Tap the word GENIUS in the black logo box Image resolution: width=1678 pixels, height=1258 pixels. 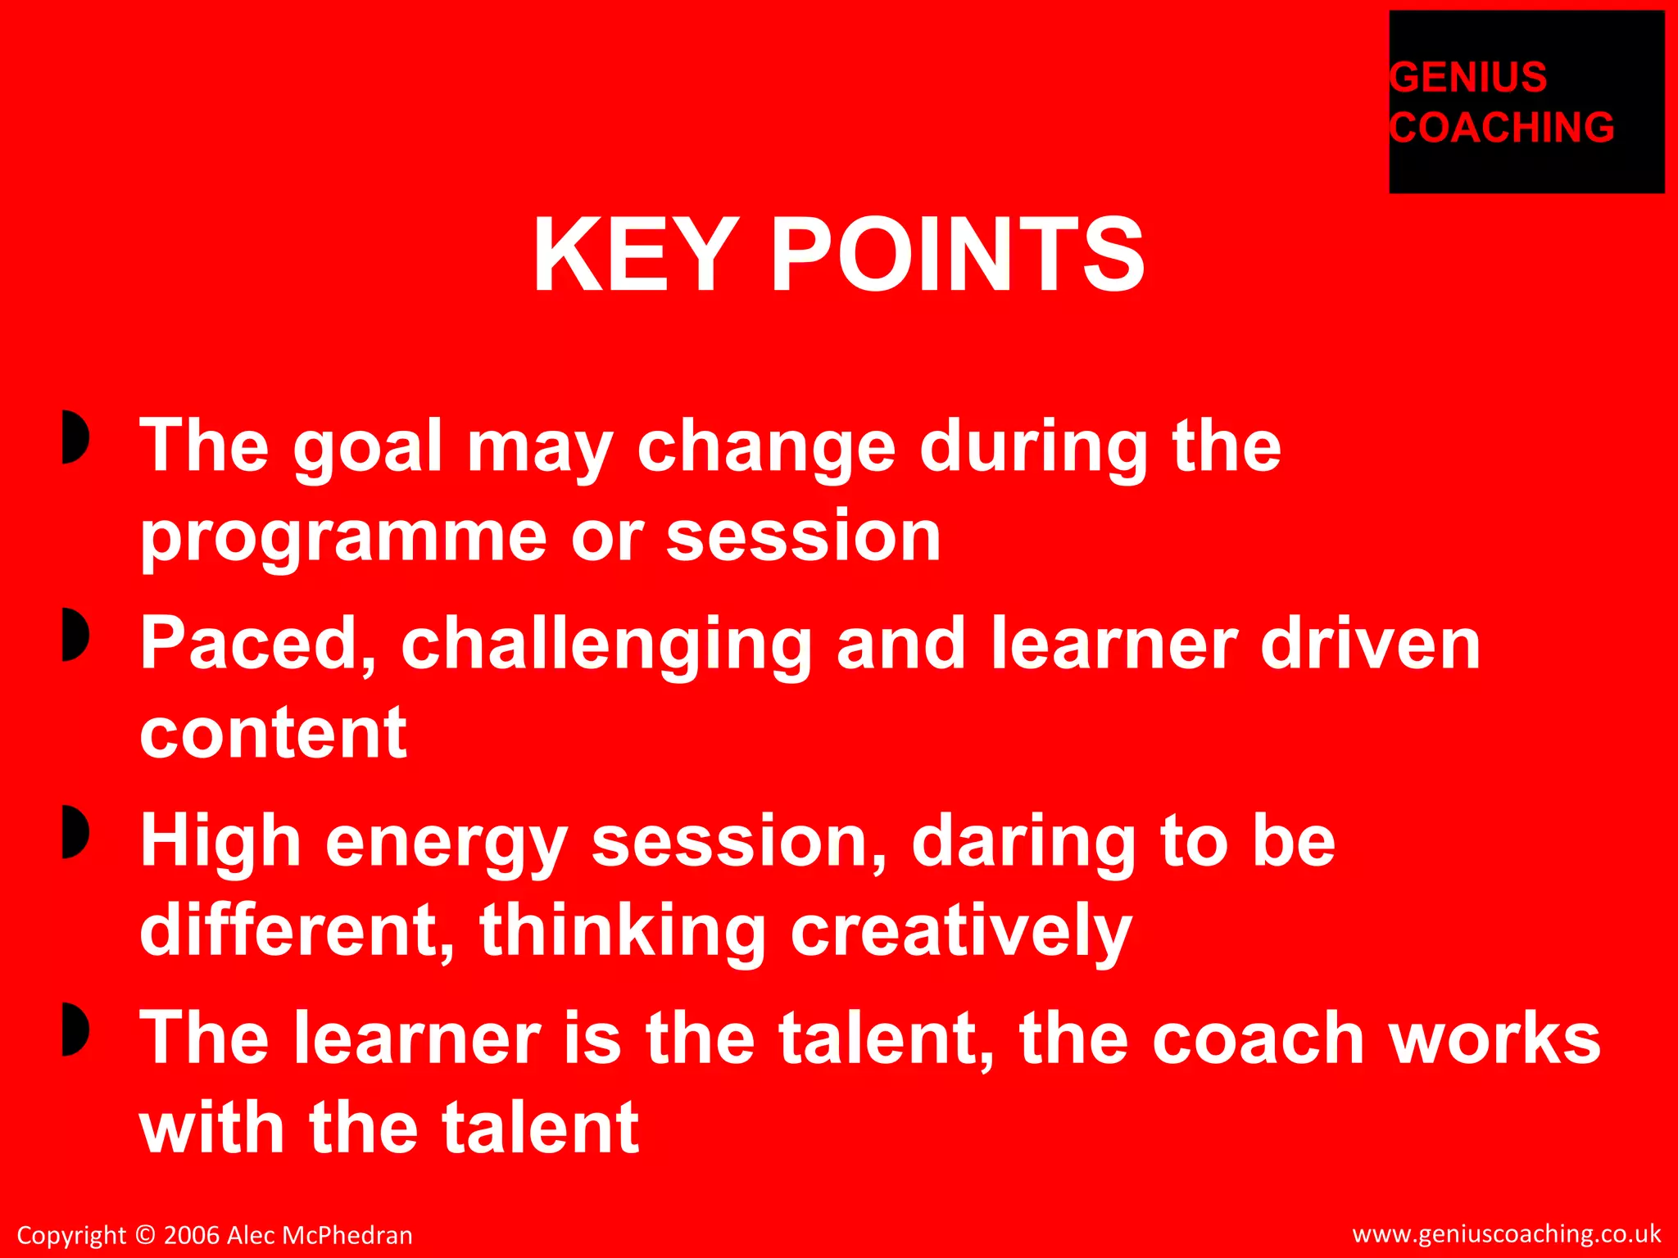pyautogui.click(x=1468, y=78)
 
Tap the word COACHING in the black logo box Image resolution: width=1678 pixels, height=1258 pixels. pyautogui.click(x=1502, y=128)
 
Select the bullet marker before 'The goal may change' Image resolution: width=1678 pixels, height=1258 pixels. pyautogui.click(x=75, y=437)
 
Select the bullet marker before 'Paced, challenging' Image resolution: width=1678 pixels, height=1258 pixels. pyautogui.click(x=75, y=634)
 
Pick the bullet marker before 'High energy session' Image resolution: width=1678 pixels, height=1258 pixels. pyautogui.click(x=75, y=831)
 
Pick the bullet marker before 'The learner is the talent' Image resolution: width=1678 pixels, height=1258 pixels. pyautogui.click(x=75, y=1029)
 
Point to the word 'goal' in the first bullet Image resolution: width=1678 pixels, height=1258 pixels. pyautogui.click(x=368, y=449)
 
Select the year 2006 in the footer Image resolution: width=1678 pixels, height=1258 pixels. pyautogui.click(x=192, y=1235)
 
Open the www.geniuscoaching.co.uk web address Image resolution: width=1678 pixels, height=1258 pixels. pyautogui.click(x=1506, y=1233)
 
